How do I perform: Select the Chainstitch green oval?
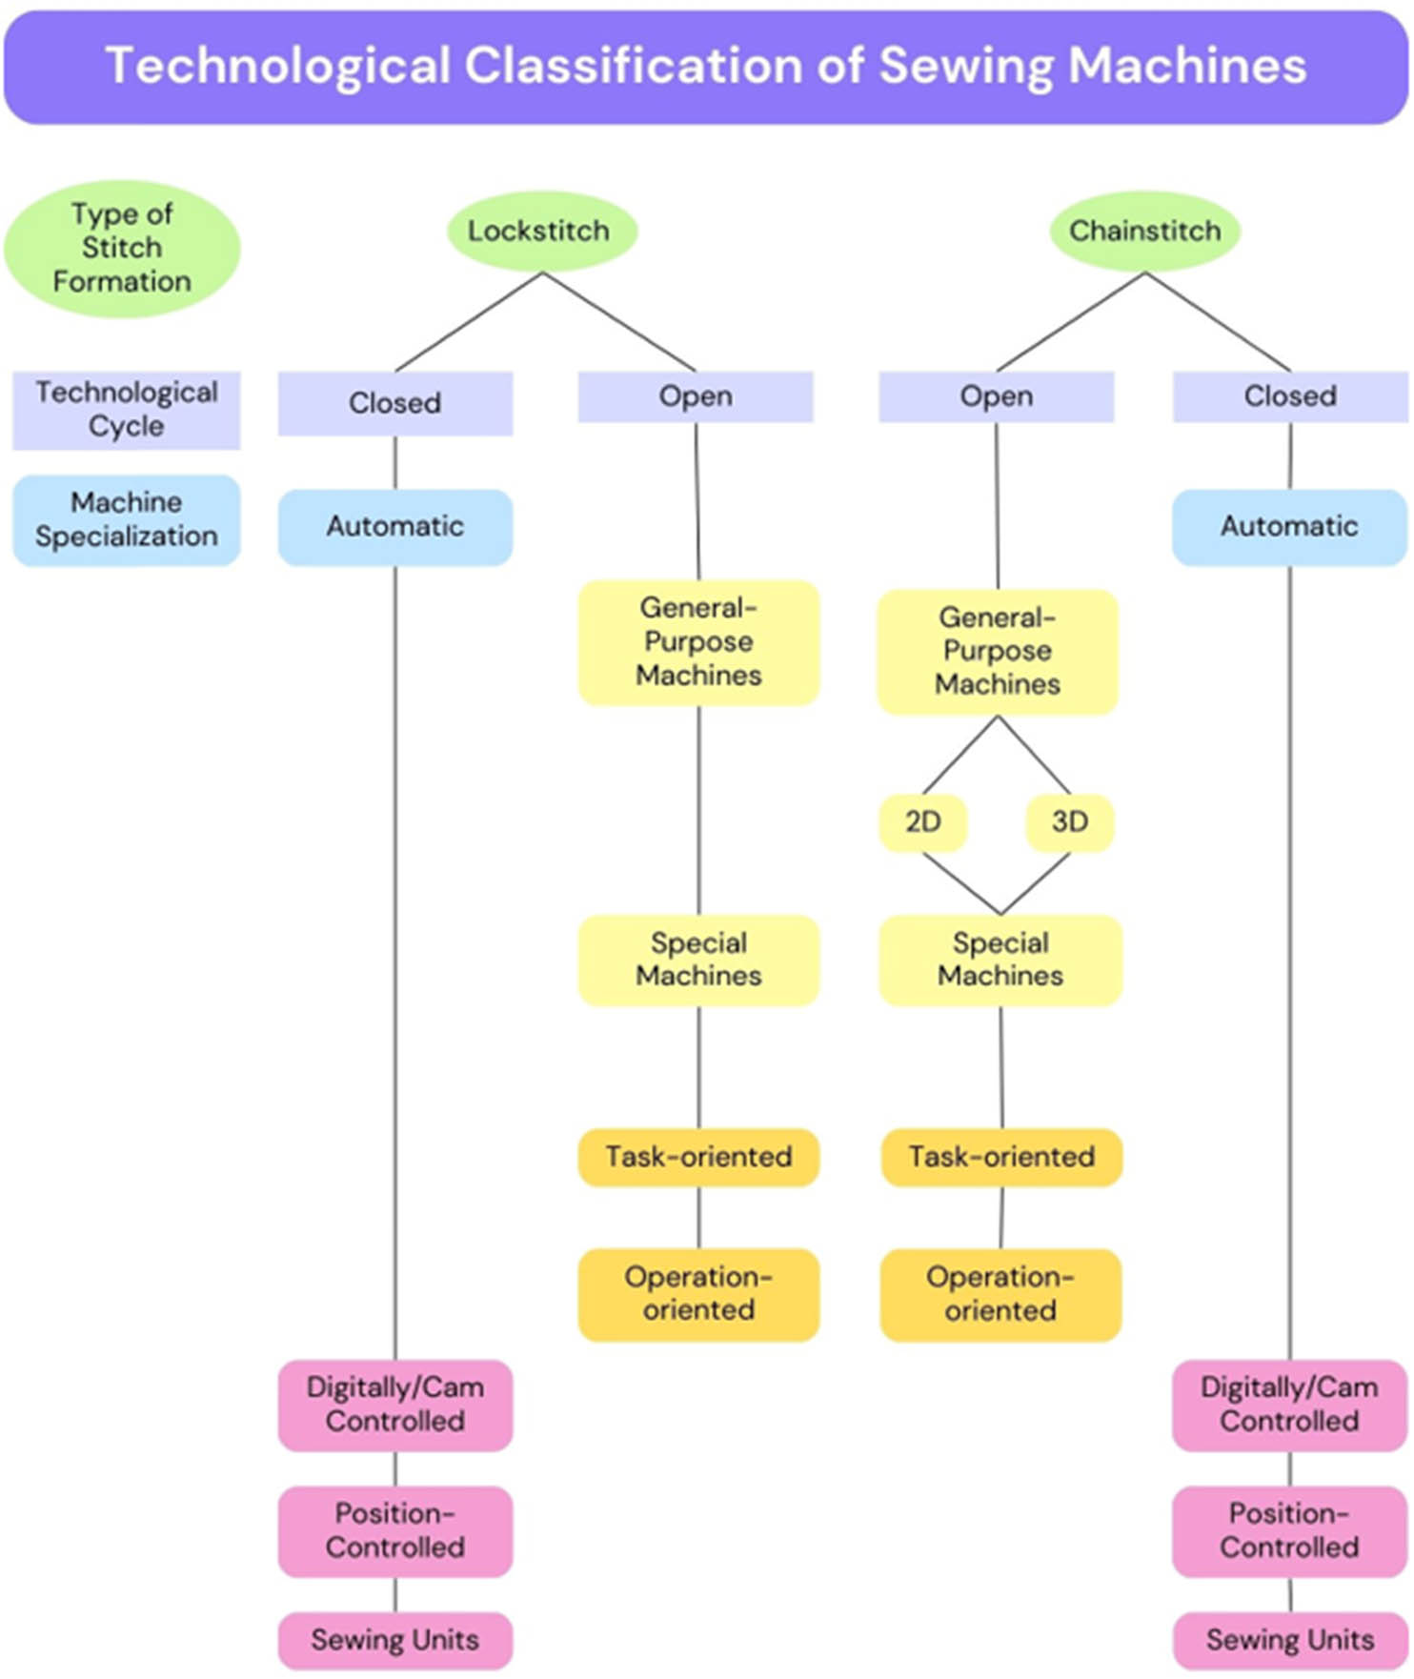(x=1144, y=231)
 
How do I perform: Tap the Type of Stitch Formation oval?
(x=122, y=248)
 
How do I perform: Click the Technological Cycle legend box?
(x=126, y=410)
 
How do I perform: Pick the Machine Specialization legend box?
(x=126, y=519)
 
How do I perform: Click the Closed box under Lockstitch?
(x=394, y=403)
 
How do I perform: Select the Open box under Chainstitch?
(x=996, y=396)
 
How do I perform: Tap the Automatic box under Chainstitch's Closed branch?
(x=1289, y=527)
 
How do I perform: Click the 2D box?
(x=922, y=821)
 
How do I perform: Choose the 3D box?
(x=1069, y=821)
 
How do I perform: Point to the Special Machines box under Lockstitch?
(x=698, y=960)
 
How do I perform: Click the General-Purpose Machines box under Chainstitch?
(x=997, y=651)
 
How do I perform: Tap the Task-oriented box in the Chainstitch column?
(x=1000, y=1157)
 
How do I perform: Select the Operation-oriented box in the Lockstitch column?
(x=698, y=1294)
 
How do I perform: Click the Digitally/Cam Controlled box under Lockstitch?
(x=394, y=1405)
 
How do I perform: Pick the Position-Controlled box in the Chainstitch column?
(x=1289, y=1530)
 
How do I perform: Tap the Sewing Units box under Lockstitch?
(x=394, y=1640)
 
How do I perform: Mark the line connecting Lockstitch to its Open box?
(x=619, y=322)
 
